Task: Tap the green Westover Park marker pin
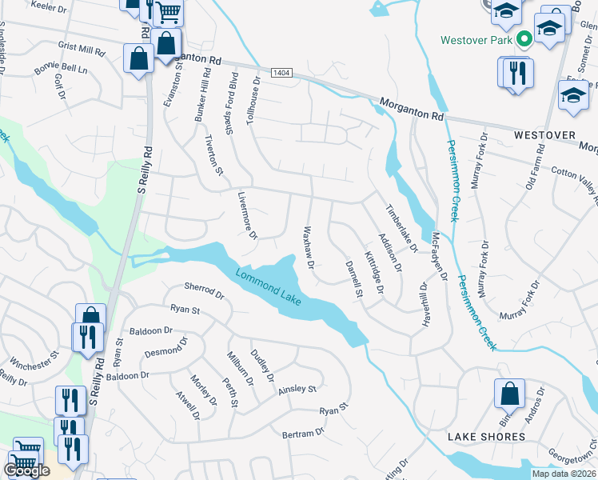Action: [525, 38]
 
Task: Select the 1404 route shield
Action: [280, 73]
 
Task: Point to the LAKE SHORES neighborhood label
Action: [486, 437]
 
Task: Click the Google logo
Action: [26, 470]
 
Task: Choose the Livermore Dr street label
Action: [248, 215]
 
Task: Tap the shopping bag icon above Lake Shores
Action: [508, 394]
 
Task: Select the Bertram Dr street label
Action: [303, 433]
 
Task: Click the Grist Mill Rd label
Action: [82, 50]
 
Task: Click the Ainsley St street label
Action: [297, 390]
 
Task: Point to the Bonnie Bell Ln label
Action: [60, 67]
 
